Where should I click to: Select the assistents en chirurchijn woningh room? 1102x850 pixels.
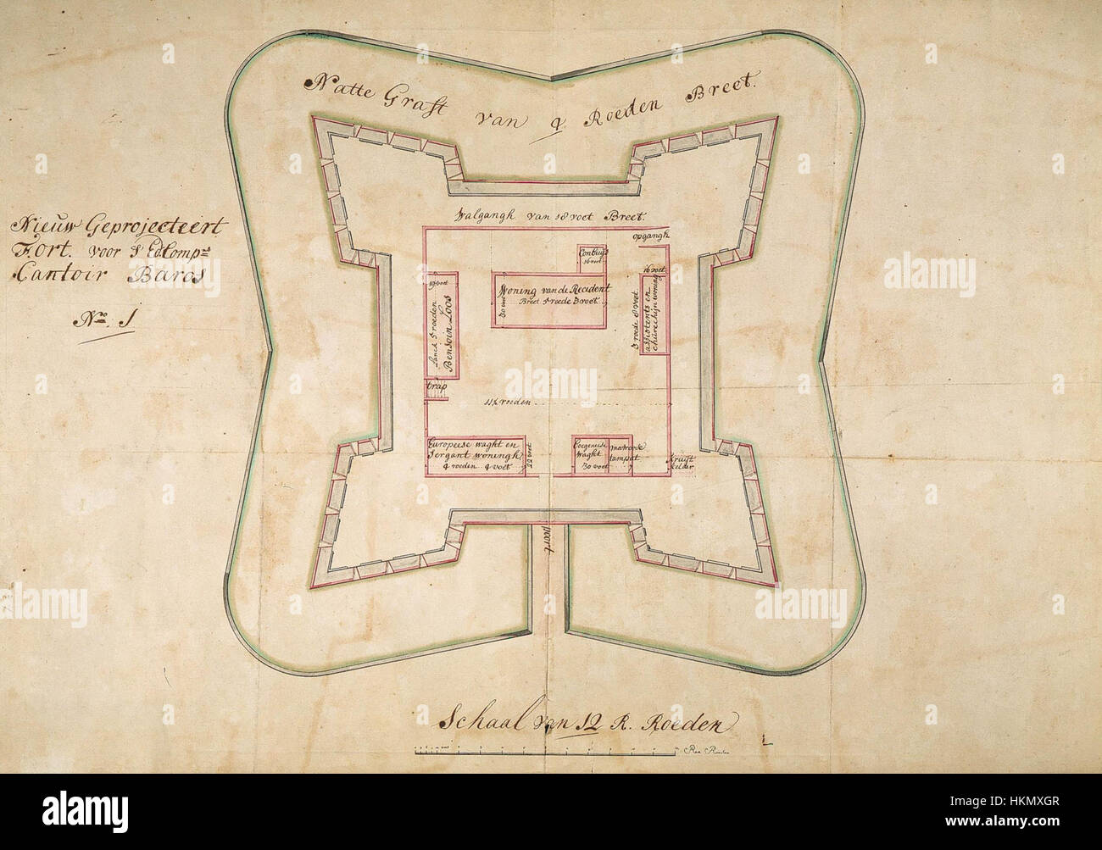[x=655, y=313]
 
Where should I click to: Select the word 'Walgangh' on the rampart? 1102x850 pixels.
[x=487, y=215]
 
